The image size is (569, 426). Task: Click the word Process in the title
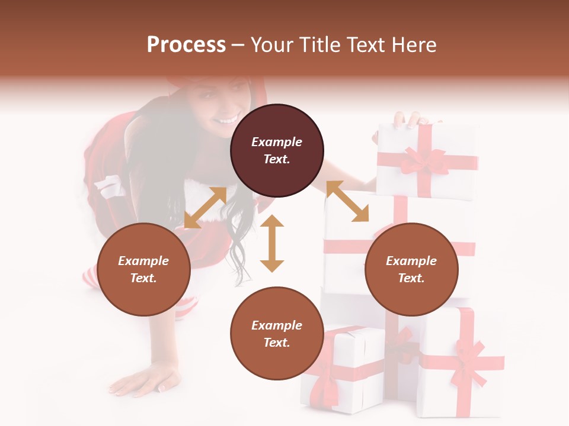186,45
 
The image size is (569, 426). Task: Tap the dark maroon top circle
277,150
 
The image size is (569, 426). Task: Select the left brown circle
143,269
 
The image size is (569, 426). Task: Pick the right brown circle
411,269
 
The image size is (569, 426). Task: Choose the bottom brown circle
277,333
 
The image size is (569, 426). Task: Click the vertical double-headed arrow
272,243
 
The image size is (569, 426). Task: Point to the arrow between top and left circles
205,207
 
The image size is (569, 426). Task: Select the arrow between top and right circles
347,201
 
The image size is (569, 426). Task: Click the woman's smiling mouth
227,121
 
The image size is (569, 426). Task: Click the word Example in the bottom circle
277,325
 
